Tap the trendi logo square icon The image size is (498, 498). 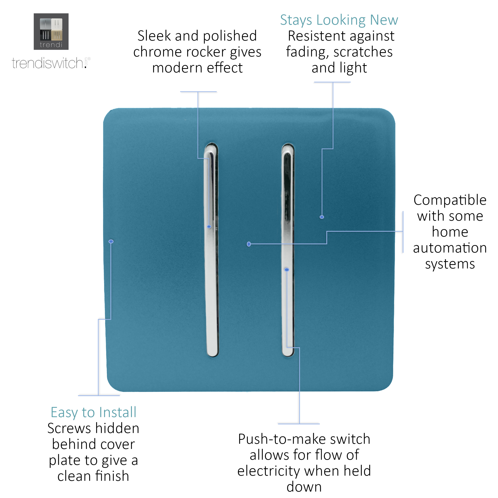pyautogui.click(x=51, y=31)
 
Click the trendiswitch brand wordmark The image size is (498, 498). pyautogui.click(x=49, y=63)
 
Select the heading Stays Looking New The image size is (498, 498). pyautogui.click(x=339, y=20)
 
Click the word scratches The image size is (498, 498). pyautogui.click(x=363, y=52)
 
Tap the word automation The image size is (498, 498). pyautogui.click(x=450, y=248)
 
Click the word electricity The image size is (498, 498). pyautogui.click(x=268, y=471)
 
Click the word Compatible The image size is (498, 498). pyautogui.click(x=450, y=200)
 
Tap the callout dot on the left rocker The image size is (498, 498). pyautogui.click(x=209, y=226)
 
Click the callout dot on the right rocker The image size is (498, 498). pyautogui.click(x=287, y=270)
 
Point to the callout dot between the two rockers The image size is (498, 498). pyautogui.click(x=249, y=244)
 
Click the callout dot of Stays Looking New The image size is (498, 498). pyautogui.click(x=322, y=217)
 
